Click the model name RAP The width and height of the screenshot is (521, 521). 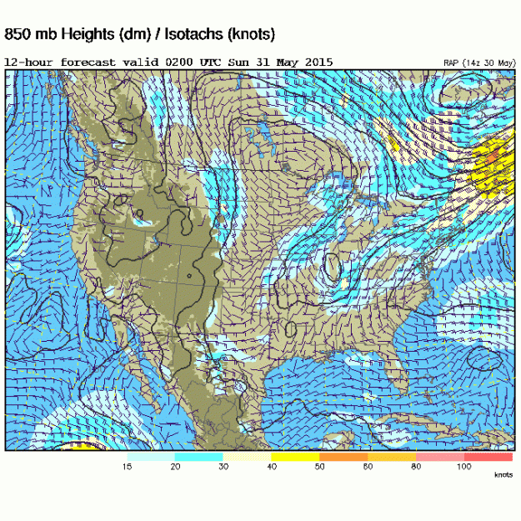point(451,63)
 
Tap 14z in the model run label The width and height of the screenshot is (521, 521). point(473,63)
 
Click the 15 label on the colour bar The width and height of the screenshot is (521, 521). point(128,468)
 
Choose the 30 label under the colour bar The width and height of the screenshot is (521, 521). point(223,468)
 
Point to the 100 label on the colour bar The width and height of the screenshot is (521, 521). point(463,468)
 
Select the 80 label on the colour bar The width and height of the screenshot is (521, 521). point(415,468)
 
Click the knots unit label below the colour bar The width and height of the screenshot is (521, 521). point(503,475)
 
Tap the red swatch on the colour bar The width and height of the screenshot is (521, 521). point(488,457)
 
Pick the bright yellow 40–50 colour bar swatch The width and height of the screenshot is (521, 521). point(295,457)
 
